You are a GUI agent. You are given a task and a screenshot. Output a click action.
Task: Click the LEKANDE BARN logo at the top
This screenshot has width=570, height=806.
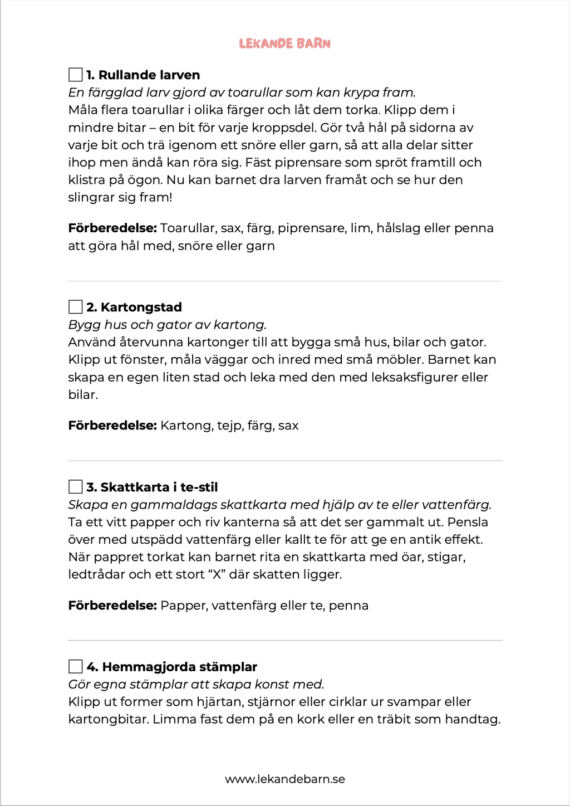pos(284,43)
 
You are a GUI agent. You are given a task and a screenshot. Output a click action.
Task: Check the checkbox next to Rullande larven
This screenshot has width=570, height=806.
pos(75,75)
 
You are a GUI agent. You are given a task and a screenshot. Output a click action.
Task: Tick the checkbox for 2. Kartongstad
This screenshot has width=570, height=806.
pos(75,307)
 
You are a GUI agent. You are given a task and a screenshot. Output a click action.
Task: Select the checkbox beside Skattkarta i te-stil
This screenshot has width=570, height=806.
pos(75,487)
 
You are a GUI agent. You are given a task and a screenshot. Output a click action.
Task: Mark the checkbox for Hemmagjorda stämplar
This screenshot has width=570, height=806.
pos(75,667)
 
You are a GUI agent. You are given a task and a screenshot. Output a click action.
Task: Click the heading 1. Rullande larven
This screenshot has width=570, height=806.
pos(143,75)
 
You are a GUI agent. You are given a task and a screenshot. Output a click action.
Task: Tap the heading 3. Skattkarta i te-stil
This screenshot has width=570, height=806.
pos(152,487)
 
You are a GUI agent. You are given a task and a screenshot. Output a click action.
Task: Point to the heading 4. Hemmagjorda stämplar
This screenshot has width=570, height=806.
pos(171,667)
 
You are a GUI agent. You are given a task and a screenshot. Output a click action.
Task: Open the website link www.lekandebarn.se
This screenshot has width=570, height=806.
pos(285,779)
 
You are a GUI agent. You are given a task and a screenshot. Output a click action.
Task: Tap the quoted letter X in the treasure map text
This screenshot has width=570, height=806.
pos(216,574)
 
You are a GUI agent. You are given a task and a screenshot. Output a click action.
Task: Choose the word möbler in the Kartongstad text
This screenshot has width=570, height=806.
pos(400,359)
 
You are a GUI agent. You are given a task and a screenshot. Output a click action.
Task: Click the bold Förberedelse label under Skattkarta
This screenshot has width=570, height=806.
pos(112,605)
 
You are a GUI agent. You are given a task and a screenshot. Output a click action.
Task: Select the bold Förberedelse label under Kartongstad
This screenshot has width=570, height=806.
pos(112,426)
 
